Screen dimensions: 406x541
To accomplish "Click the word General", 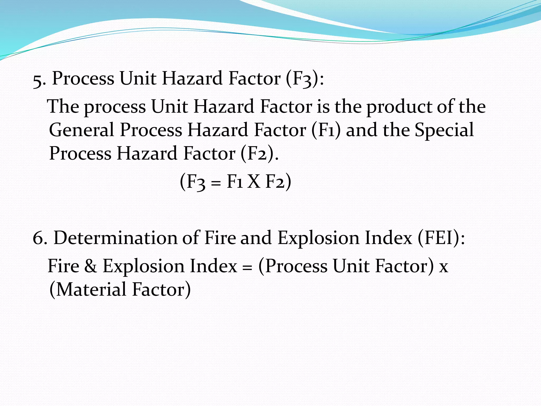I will pos(81,130).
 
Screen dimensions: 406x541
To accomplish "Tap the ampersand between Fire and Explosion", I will pos(91,266).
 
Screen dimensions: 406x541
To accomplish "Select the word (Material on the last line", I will pos(88,289).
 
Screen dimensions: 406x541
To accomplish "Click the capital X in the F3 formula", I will pos(254,182).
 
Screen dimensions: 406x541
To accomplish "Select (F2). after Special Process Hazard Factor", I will pos(259,154).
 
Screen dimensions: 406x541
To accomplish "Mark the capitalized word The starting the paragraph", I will pos(63,106).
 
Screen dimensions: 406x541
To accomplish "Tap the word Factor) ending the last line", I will pos(161,289).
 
